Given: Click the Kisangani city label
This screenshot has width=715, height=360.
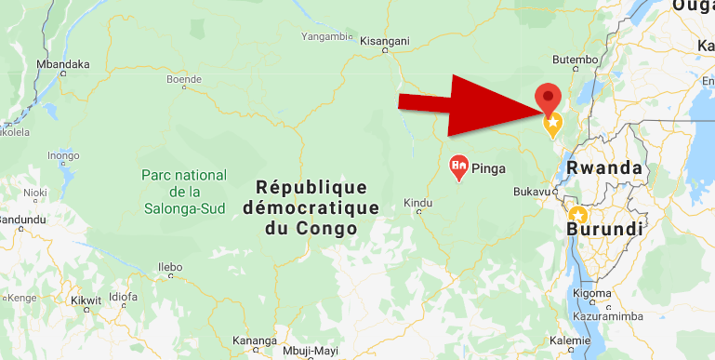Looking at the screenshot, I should pos(385,42).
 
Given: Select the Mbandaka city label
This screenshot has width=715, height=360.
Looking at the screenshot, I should pos(63,64).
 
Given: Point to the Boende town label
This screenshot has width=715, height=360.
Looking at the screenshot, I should pos(183,80).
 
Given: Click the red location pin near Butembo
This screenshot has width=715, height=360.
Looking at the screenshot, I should pos(549,97).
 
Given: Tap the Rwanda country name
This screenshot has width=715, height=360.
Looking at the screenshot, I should pos(604,168).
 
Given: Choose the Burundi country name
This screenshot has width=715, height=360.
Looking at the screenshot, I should pos(607,229).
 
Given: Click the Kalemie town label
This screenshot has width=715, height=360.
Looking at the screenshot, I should pos(570,340).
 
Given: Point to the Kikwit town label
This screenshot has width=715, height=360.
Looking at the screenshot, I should pos(86,301).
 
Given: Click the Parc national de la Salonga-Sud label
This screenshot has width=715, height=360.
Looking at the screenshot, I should pos(184,191).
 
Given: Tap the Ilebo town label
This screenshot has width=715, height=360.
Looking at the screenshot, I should pos(170,266).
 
